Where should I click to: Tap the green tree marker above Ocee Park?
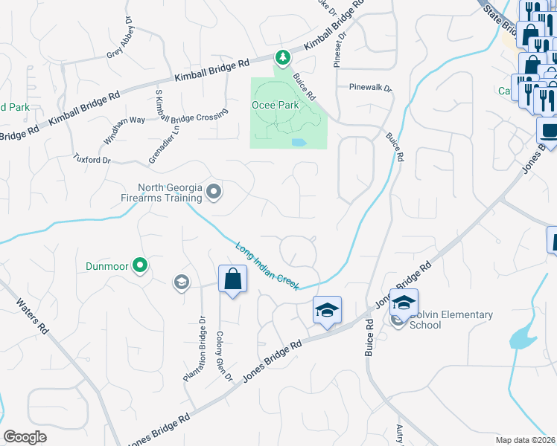pos(282,56)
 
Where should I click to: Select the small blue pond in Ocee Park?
pos(299,141)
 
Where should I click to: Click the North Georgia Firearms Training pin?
pos(214,193)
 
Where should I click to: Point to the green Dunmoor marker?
pos(139,264)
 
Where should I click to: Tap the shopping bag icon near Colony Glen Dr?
pos(233,280)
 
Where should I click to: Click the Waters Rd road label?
pos(34,319)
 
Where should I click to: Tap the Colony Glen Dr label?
pos(224,356)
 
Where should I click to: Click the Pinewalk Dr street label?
pos(370,87)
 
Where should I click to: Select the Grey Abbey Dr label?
pos(121,42)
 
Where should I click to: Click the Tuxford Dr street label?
pos(92,158)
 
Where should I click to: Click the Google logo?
pos(25,437)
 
